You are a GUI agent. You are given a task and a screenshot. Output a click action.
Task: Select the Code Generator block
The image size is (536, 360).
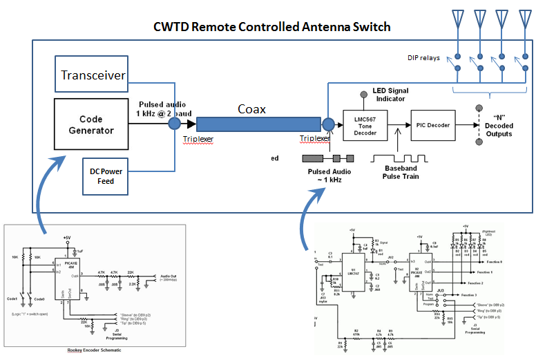pyautogui.click(x=91, y=124)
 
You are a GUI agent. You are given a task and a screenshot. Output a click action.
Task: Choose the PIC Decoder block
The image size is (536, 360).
pyautogui.click(x=432, y=125)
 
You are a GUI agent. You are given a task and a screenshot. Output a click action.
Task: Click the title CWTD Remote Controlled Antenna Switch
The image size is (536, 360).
pyautogui.click(x=271, y=28)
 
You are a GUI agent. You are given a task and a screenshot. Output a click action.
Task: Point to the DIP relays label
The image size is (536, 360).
pyautogui.click(x=428, y=57)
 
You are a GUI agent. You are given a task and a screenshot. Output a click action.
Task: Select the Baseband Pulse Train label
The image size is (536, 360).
pyautogui.click(x=396, y=171)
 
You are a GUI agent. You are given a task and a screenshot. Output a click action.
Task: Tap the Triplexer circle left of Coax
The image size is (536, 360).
pyautogui.click(x=176, y=124)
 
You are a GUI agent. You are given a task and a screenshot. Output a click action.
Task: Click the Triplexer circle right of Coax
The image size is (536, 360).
pyautogui.click(x=328, y=124)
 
